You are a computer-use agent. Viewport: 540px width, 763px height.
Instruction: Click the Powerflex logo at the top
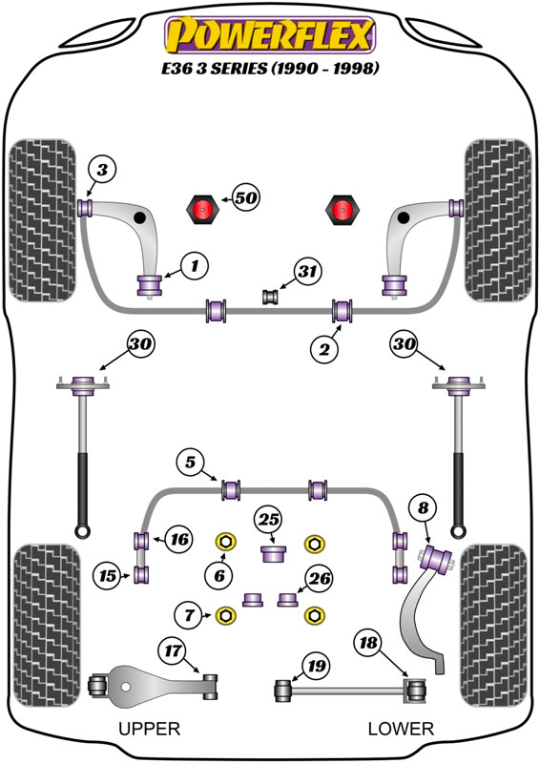pos(270,35)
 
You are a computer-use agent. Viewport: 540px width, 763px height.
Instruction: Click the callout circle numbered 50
pos(246,197)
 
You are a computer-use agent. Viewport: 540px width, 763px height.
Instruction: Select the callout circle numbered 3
pos(102,171)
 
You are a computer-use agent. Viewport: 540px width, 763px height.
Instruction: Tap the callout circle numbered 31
pos(308,271)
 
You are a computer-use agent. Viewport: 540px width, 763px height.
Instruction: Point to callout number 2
pos(324,348)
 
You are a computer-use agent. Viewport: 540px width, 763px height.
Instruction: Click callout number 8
pos(423,508)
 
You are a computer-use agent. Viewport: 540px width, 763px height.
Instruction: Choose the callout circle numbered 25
pos(269,520)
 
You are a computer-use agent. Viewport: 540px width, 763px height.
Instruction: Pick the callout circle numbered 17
pos(173,650)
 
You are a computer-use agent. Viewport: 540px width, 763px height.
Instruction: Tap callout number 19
pos(316,666)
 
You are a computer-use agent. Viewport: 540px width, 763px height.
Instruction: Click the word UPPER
pos(150,729)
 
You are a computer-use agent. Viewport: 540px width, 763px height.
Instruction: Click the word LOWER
pos(401,729)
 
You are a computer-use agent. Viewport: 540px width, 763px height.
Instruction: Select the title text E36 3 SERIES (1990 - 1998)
pos(270,68)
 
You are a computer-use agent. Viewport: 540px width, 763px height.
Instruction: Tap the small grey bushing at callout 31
pos(270,297)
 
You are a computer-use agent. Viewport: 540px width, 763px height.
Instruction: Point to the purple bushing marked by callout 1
pos(150,285)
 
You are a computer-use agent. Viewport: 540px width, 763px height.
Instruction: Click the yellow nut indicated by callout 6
pos(225,542)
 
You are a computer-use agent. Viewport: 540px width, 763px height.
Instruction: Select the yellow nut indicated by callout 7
pos(225,615)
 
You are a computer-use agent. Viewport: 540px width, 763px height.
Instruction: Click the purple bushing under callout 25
pos(273,554)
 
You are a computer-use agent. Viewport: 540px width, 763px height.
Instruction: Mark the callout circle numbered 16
pos(179,539)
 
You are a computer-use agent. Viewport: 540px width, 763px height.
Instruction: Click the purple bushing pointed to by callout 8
pos(436,560)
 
